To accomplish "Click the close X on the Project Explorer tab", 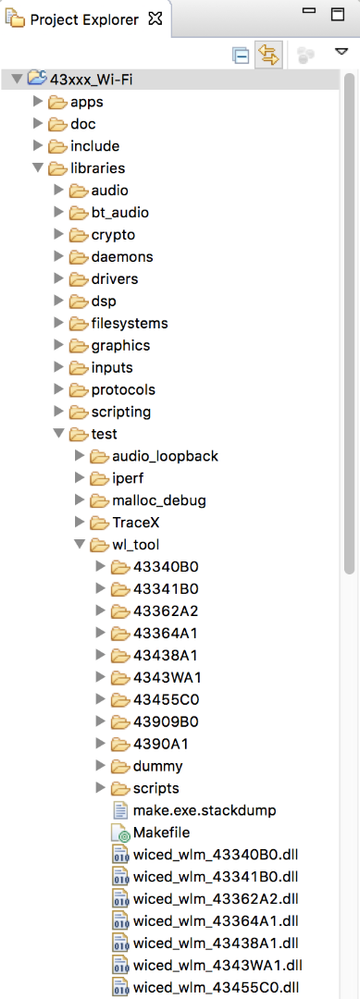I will click(155, 18).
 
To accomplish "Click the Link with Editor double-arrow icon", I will click(268, 55).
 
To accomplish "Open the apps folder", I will click(86, 101).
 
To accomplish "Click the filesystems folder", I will click(129, 323).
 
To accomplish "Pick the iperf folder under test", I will click(129, 478).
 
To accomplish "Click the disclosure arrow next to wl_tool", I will click(80, 545).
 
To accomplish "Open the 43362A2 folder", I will click(165, 611).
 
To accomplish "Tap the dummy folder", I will click(157, 766).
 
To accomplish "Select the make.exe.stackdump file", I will click(204, 810).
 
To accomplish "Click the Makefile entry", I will click(161, 832).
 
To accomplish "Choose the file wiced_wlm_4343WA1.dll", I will click(217, 965).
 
